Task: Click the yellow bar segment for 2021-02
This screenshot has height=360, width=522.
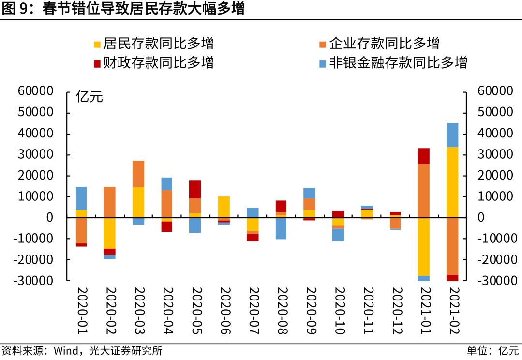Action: [x=452, y=182]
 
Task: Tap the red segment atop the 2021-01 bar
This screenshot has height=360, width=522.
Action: [x=424, y=156]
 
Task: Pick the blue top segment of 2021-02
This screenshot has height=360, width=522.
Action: [x=452, y=135]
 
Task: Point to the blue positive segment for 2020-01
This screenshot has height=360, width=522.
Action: [x=81, y=198]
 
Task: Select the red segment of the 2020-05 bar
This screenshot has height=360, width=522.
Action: [x=195, y=190]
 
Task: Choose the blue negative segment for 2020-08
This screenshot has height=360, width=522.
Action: [x=281, y=228]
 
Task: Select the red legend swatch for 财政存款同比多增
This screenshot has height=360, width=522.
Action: [x=97, y=63]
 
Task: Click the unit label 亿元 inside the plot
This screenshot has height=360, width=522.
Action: [x=89, y=97]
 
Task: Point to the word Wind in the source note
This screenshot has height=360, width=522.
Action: [x=65, y=351]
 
